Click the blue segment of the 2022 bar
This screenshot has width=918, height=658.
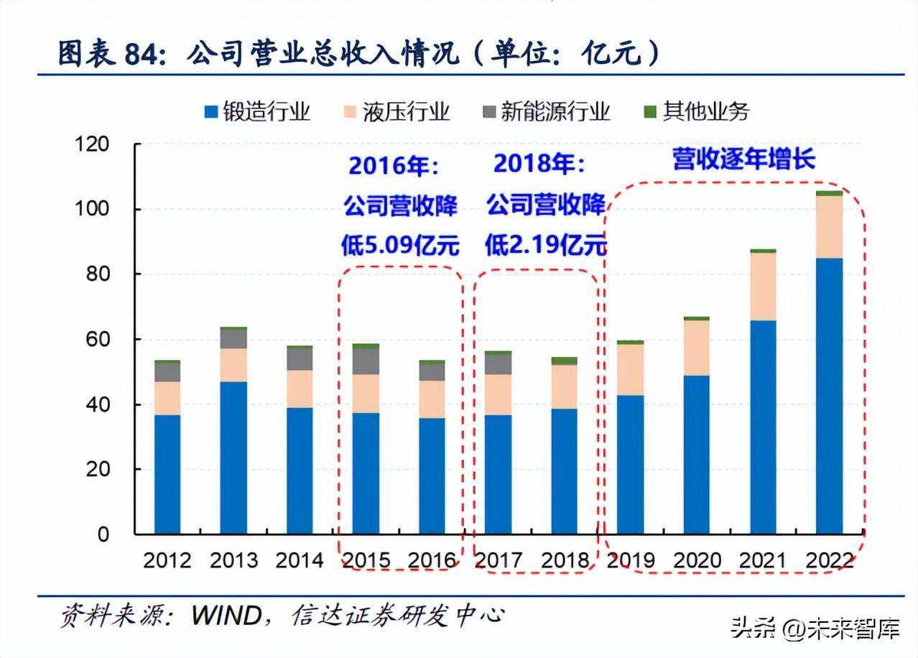829,395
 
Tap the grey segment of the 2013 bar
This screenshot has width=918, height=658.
233,338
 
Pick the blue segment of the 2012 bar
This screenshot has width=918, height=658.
167,474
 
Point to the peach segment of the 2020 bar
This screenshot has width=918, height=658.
696,348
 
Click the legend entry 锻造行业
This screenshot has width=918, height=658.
258,111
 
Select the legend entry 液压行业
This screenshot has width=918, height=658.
397,111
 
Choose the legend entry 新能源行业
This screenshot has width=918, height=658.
547,111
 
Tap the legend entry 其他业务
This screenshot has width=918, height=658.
697,111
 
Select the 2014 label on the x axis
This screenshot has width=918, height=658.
300,560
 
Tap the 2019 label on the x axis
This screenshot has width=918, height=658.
630,560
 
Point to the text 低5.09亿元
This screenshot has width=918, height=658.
400,246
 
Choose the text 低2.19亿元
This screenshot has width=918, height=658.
545,246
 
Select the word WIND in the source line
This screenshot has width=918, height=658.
225,616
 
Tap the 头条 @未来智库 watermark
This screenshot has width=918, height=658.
815,630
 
